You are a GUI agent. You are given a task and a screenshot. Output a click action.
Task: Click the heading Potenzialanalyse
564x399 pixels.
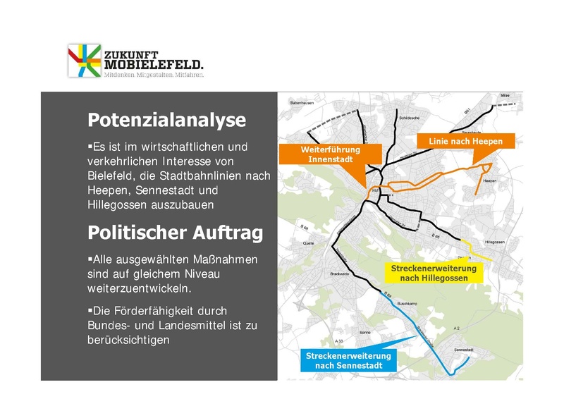coord(166,121)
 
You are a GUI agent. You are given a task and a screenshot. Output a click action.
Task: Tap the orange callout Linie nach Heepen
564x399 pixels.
coord(465,142)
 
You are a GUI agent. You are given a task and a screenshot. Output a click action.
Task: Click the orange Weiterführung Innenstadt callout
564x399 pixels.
coord(331,154)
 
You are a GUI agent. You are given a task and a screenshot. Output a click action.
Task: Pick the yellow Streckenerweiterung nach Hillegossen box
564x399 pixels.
coord(434,274)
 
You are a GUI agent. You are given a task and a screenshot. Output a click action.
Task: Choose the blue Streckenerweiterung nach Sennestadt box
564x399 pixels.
coord(348,360)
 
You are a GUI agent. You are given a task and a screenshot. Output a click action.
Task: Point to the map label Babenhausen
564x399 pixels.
coord(301,104)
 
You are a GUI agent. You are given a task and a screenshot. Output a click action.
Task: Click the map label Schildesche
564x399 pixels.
coord(409,118)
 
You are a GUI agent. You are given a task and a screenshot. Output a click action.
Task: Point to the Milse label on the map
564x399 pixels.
coord(504,95)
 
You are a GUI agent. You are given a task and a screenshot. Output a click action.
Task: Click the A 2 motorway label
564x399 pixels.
coord(456,329)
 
